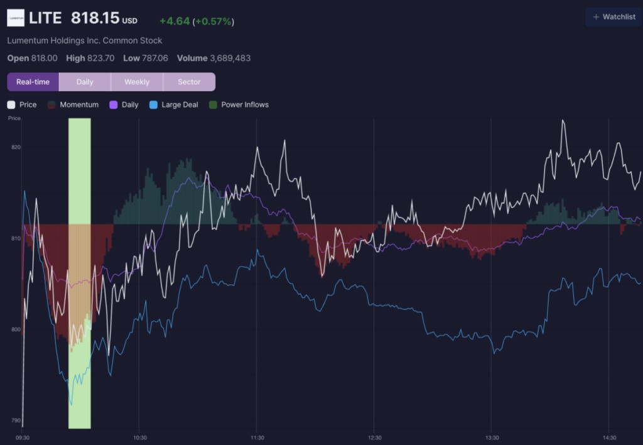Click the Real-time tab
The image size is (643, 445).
point(33,82)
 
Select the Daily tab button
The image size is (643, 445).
point(85,82)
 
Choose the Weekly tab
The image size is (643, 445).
point(137,82)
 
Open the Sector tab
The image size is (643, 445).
point(189,82)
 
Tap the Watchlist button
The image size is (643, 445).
point(614,17)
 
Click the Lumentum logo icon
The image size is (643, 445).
point(16,18)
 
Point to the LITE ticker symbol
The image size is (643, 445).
point(45,18)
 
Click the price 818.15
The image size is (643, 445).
point(95,18)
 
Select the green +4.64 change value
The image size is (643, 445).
point(175,21)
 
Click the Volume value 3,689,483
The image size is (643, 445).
point(230,58)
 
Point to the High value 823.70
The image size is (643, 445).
point(101,58)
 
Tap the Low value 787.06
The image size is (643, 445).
point(154,58)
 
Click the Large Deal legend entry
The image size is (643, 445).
point(174,105)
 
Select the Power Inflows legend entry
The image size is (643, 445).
point(239,105)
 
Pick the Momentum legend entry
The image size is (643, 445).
point(73,105)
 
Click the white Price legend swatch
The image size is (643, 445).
point(11,105)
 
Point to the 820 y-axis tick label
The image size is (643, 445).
point(16,147)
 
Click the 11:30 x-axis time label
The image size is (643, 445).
point(257,437)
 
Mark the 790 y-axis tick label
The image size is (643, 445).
point(16,420)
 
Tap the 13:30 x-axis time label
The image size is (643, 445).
point(492,437)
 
